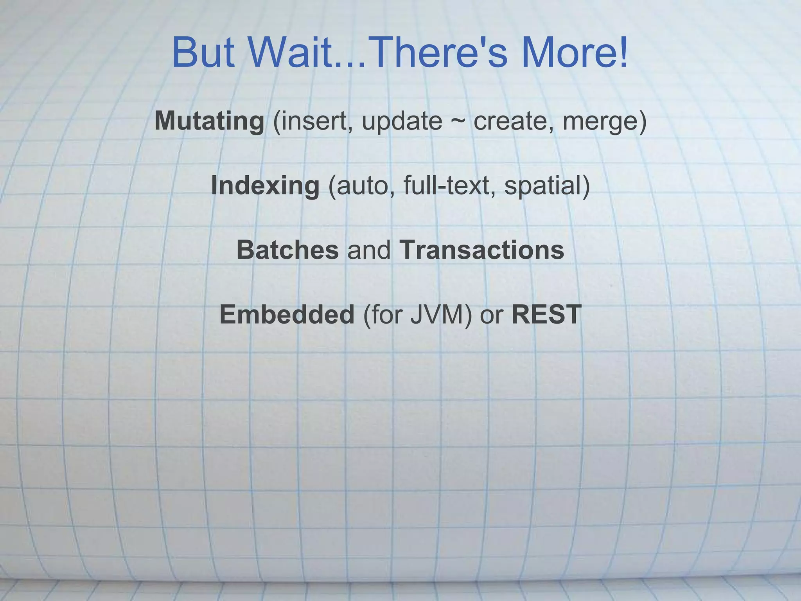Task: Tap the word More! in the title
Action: point(575,53)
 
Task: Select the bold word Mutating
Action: point(210,121)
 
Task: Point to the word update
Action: point(402,122)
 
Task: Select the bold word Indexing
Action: point(266,186)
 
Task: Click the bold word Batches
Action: point(287,250)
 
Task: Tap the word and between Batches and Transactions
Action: point(369,250)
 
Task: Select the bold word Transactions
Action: point(482,250)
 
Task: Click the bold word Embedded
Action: point(287,315)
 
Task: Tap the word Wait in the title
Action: point(291,53)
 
